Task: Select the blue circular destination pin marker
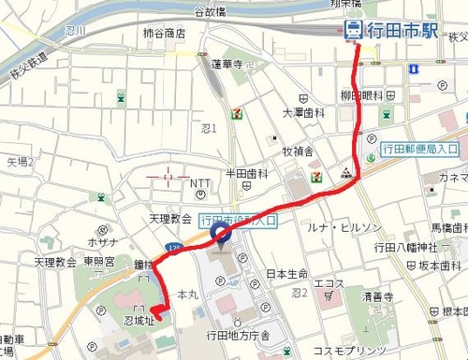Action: pos(221,233)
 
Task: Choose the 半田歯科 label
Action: pos(248,174)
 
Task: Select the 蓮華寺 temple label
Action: pos(227,65)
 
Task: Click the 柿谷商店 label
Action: pos(165,33)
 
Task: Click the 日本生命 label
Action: pos(287,274)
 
